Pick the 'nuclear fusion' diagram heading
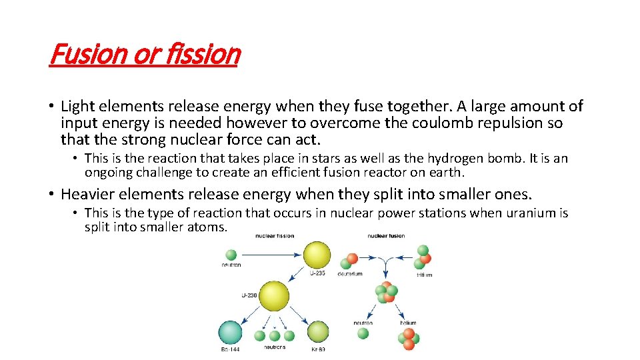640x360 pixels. pyautogui.click(x=387, y=236)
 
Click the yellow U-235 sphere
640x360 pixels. pyautogui.click(x=317, y=255)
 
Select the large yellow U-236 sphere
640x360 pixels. pyautogui.click(x=273, y=297)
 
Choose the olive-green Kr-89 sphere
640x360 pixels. pyautogui.click(x=317, y=331)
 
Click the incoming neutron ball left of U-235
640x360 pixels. pyautogui.click(x=231, y=255)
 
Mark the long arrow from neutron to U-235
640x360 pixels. pyautogui.click(x=270, y=255)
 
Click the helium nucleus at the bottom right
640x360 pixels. pyautogui.click(x=408, y=338)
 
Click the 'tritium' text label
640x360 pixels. pyautogui.click(x=424, y=275)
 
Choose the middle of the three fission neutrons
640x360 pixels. pyautogui.click(x=273, y=335)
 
